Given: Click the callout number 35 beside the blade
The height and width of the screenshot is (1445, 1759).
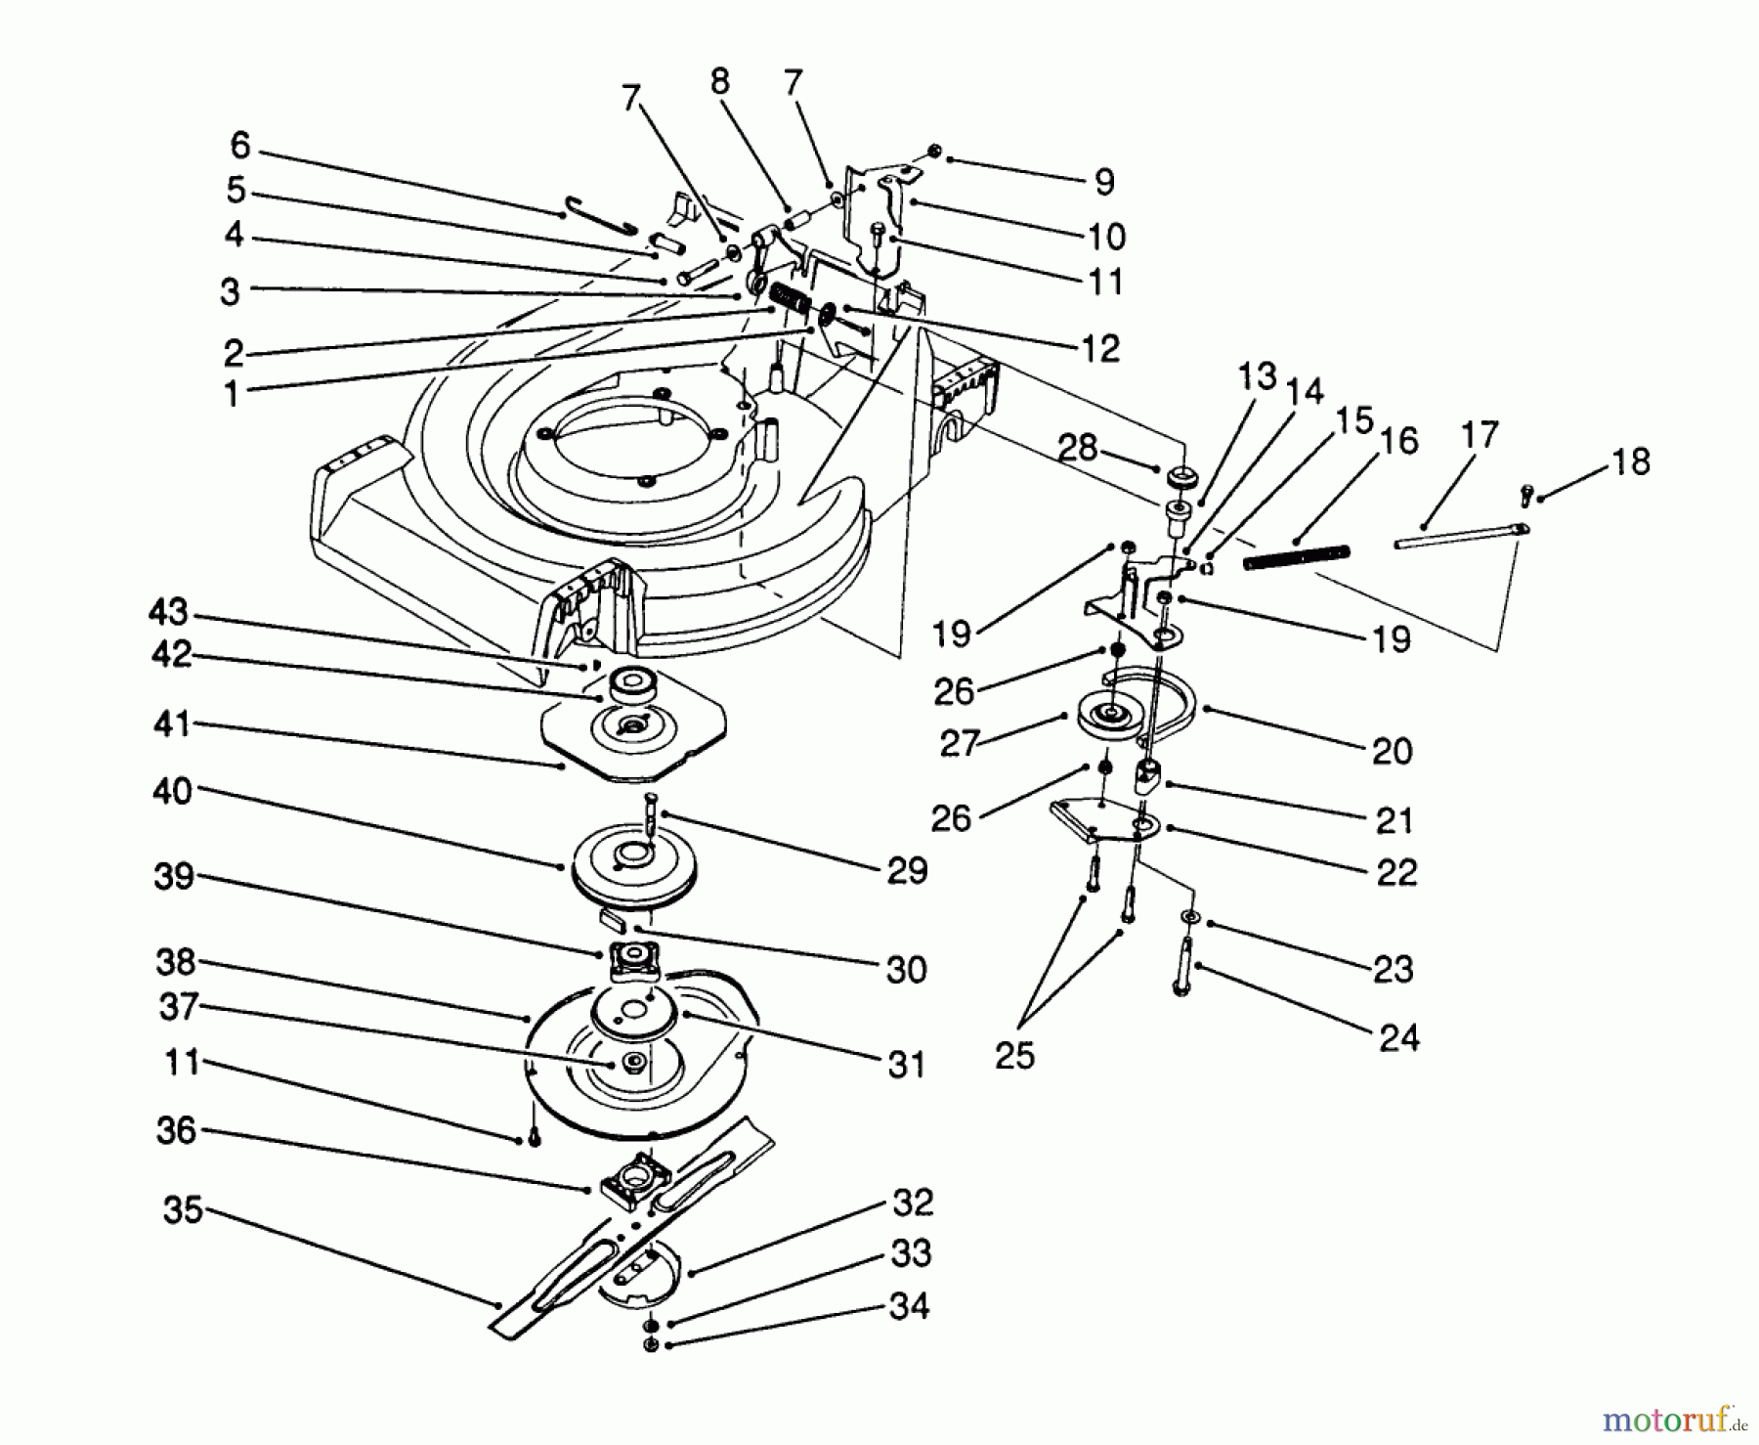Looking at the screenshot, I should (x=183, y=1210).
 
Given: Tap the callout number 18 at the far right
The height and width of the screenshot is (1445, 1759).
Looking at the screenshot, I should (x=1630, y=461).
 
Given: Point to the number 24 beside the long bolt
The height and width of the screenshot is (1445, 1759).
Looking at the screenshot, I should (x=1398, y=1036).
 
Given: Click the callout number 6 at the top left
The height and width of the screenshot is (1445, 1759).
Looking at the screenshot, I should (x=239, y=146).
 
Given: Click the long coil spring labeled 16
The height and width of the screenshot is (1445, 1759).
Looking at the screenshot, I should (x=1296, y=557).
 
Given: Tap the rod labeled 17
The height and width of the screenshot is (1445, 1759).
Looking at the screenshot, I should (x=1456, y=537).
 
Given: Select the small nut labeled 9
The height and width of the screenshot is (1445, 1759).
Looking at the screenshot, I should (x=934, y=152).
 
